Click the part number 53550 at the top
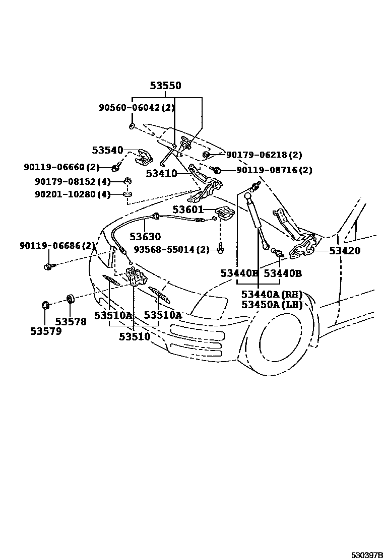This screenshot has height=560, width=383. (165, 86)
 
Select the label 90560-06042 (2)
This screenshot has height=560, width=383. (137, 108)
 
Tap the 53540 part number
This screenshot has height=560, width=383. (107, 150)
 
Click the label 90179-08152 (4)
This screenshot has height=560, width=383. (73, 181)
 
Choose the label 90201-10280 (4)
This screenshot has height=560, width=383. (73, 194)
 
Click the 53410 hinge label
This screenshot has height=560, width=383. (161, 174)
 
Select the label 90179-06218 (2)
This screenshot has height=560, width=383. (264, 155)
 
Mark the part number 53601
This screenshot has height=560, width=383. (187, 209)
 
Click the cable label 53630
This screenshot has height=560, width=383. (145, 236)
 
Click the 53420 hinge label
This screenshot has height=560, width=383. (345, 251)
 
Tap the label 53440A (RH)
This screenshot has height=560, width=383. (271, 295)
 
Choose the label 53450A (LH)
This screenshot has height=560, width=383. (271, 305)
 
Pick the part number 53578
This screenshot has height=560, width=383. (71, 322)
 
